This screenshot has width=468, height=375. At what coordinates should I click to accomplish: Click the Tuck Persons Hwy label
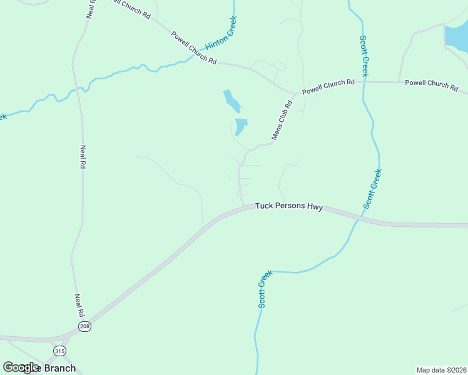288,207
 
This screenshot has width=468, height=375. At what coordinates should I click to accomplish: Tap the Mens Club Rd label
282,121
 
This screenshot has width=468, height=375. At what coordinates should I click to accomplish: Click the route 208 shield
84,327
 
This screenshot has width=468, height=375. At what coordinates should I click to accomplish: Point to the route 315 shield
59,351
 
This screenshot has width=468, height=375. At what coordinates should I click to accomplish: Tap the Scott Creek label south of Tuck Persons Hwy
265,289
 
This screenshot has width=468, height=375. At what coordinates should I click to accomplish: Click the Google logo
21,367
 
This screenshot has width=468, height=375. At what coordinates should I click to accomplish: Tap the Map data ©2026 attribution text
441,369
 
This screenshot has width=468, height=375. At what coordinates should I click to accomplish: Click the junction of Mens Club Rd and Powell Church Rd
295,94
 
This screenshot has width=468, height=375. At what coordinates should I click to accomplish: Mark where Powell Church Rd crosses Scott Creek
364,82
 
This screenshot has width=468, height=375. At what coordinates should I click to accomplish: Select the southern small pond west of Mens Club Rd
240,126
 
